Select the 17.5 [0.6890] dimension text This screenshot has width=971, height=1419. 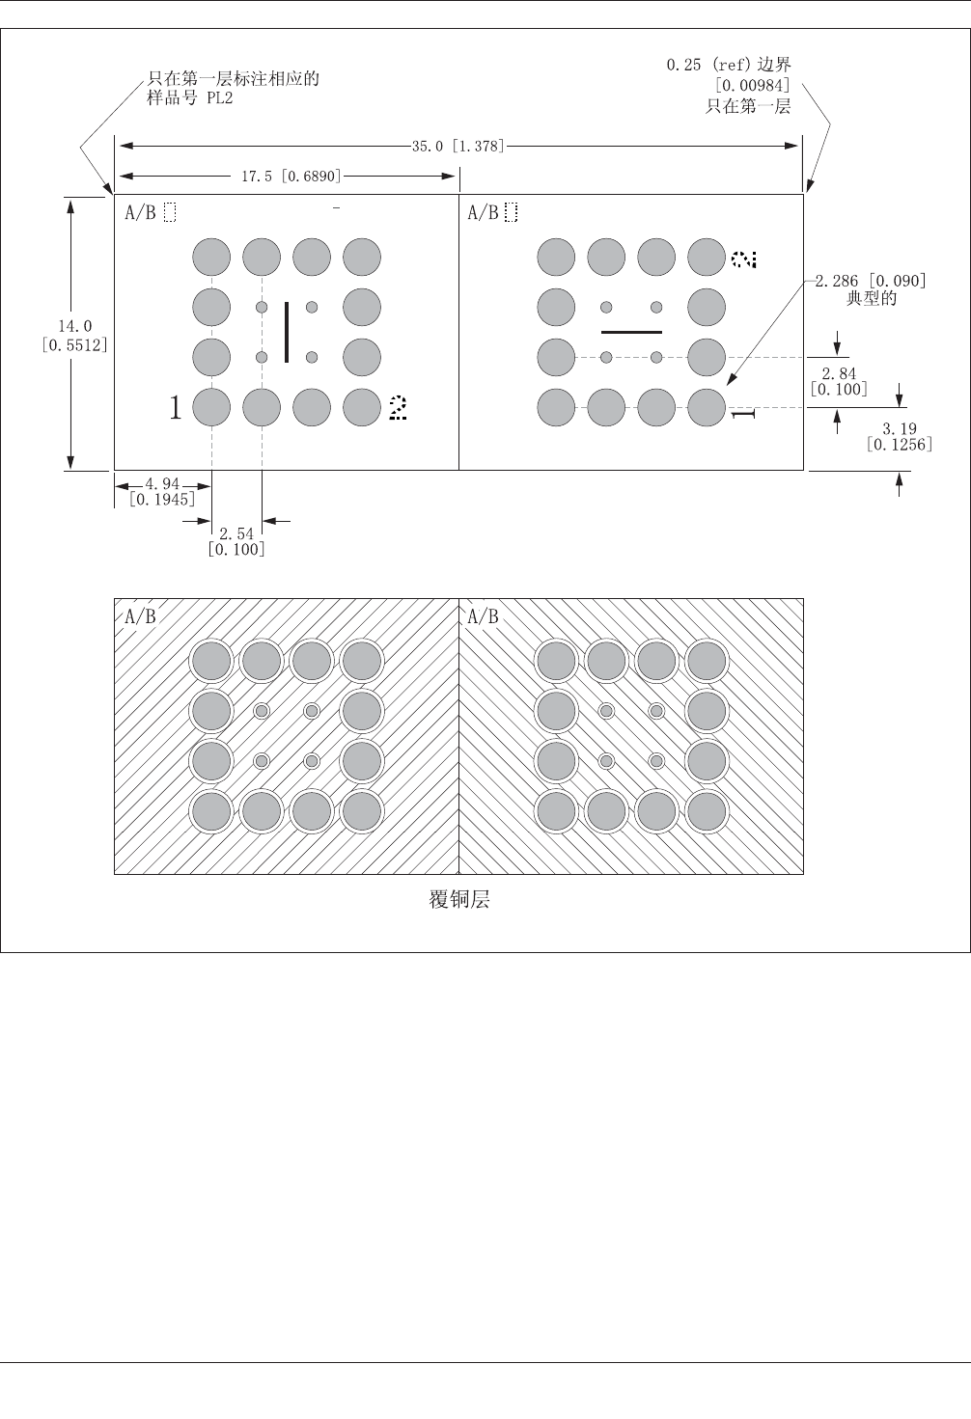pyautogui.click(x=290, y=177)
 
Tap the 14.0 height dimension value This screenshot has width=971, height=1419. pyautogui.click(x=74, y=326)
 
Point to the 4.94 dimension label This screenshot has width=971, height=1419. pyautogui.click(x=161, y=483)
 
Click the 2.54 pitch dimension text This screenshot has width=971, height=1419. pyautogui.click(x=236, y=533)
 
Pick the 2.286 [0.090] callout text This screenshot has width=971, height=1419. pyautogui.click(x=871, y=281)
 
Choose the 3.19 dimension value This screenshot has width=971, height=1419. pyautogui.click(x=900, y=427)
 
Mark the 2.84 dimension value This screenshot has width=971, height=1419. pyautogui.click(x=839, y=373)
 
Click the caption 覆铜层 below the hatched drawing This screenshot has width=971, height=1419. pyautogui.click(x=458, y=900)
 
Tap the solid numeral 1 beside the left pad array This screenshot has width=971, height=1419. pyautogui.click(x=175, y=408)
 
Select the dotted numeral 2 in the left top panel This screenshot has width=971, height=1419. pyautogui.click(x=397, y=408)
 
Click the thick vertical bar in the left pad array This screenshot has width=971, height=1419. pyautogui.click(x=287, y=333)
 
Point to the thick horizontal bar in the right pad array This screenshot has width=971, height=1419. pyautogui.click(x=631, y=332)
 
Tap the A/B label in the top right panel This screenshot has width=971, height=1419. pyautogui.click(x=483, y=213)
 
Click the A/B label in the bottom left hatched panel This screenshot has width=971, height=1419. pyautogui.click(x=140, y=616)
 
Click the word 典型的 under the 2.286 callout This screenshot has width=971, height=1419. pyautogui.click(x=871, y=298)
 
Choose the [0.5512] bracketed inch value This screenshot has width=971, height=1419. pyautogui.click(x=74, y=343)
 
